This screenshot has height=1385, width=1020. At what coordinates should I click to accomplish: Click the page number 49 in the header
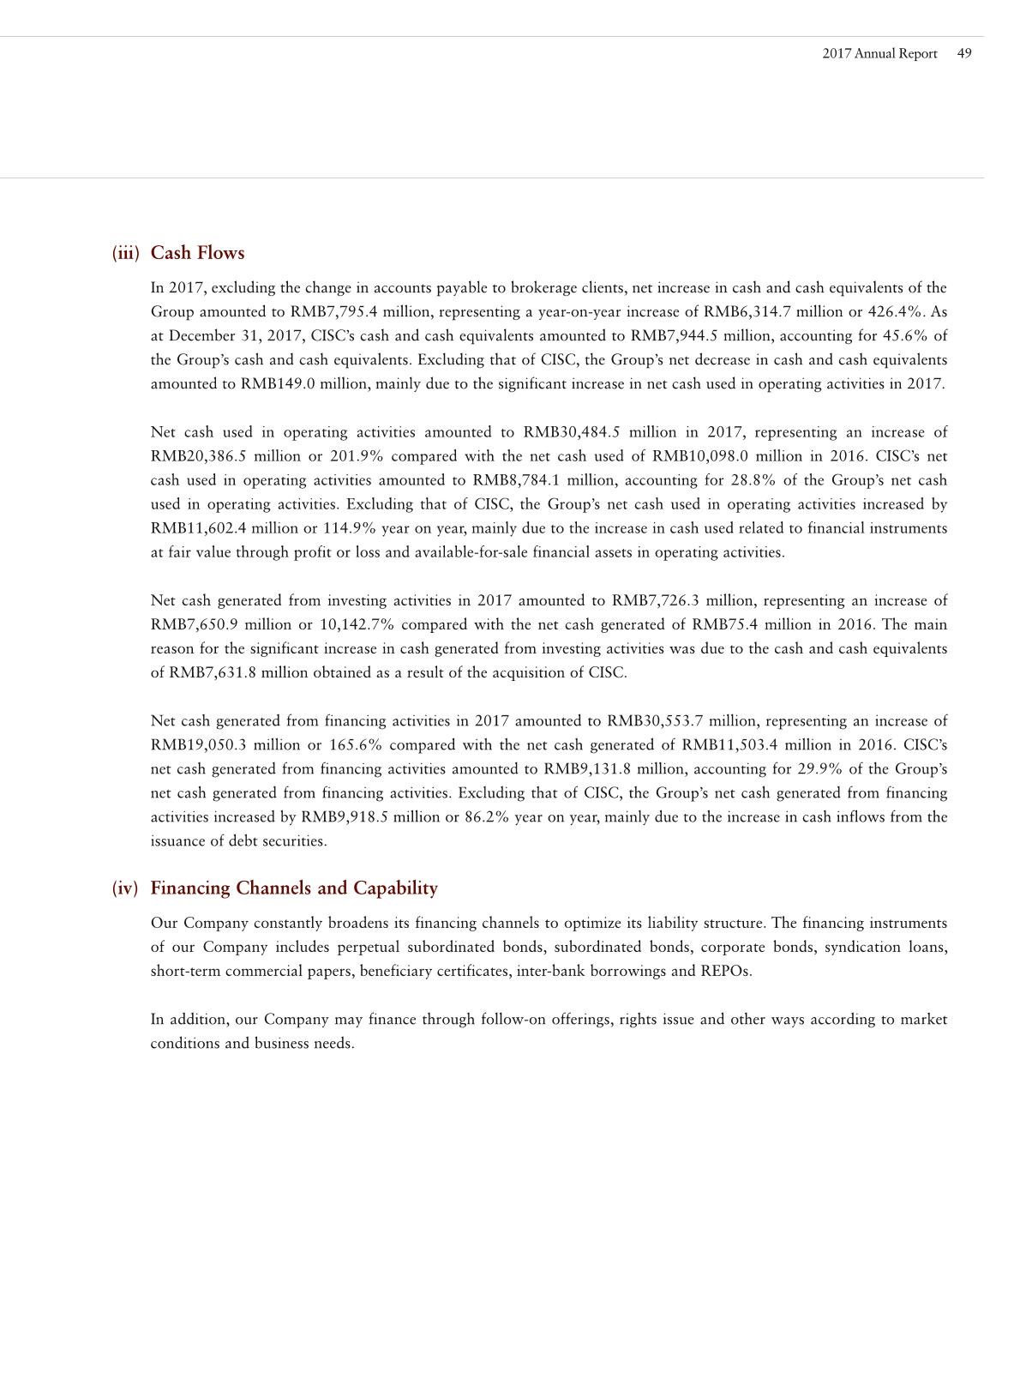tap(964, 53)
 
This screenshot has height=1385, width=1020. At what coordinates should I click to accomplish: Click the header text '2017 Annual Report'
tap(879, 53)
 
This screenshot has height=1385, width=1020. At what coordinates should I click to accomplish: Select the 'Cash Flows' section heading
tap(197, 253)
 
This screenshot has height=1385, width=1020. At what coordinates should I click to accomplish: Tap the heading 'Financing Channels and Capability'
tap(294, 888)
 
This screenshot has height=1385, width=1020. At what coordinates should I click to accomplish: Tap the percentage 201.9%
tap(354, 456)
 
